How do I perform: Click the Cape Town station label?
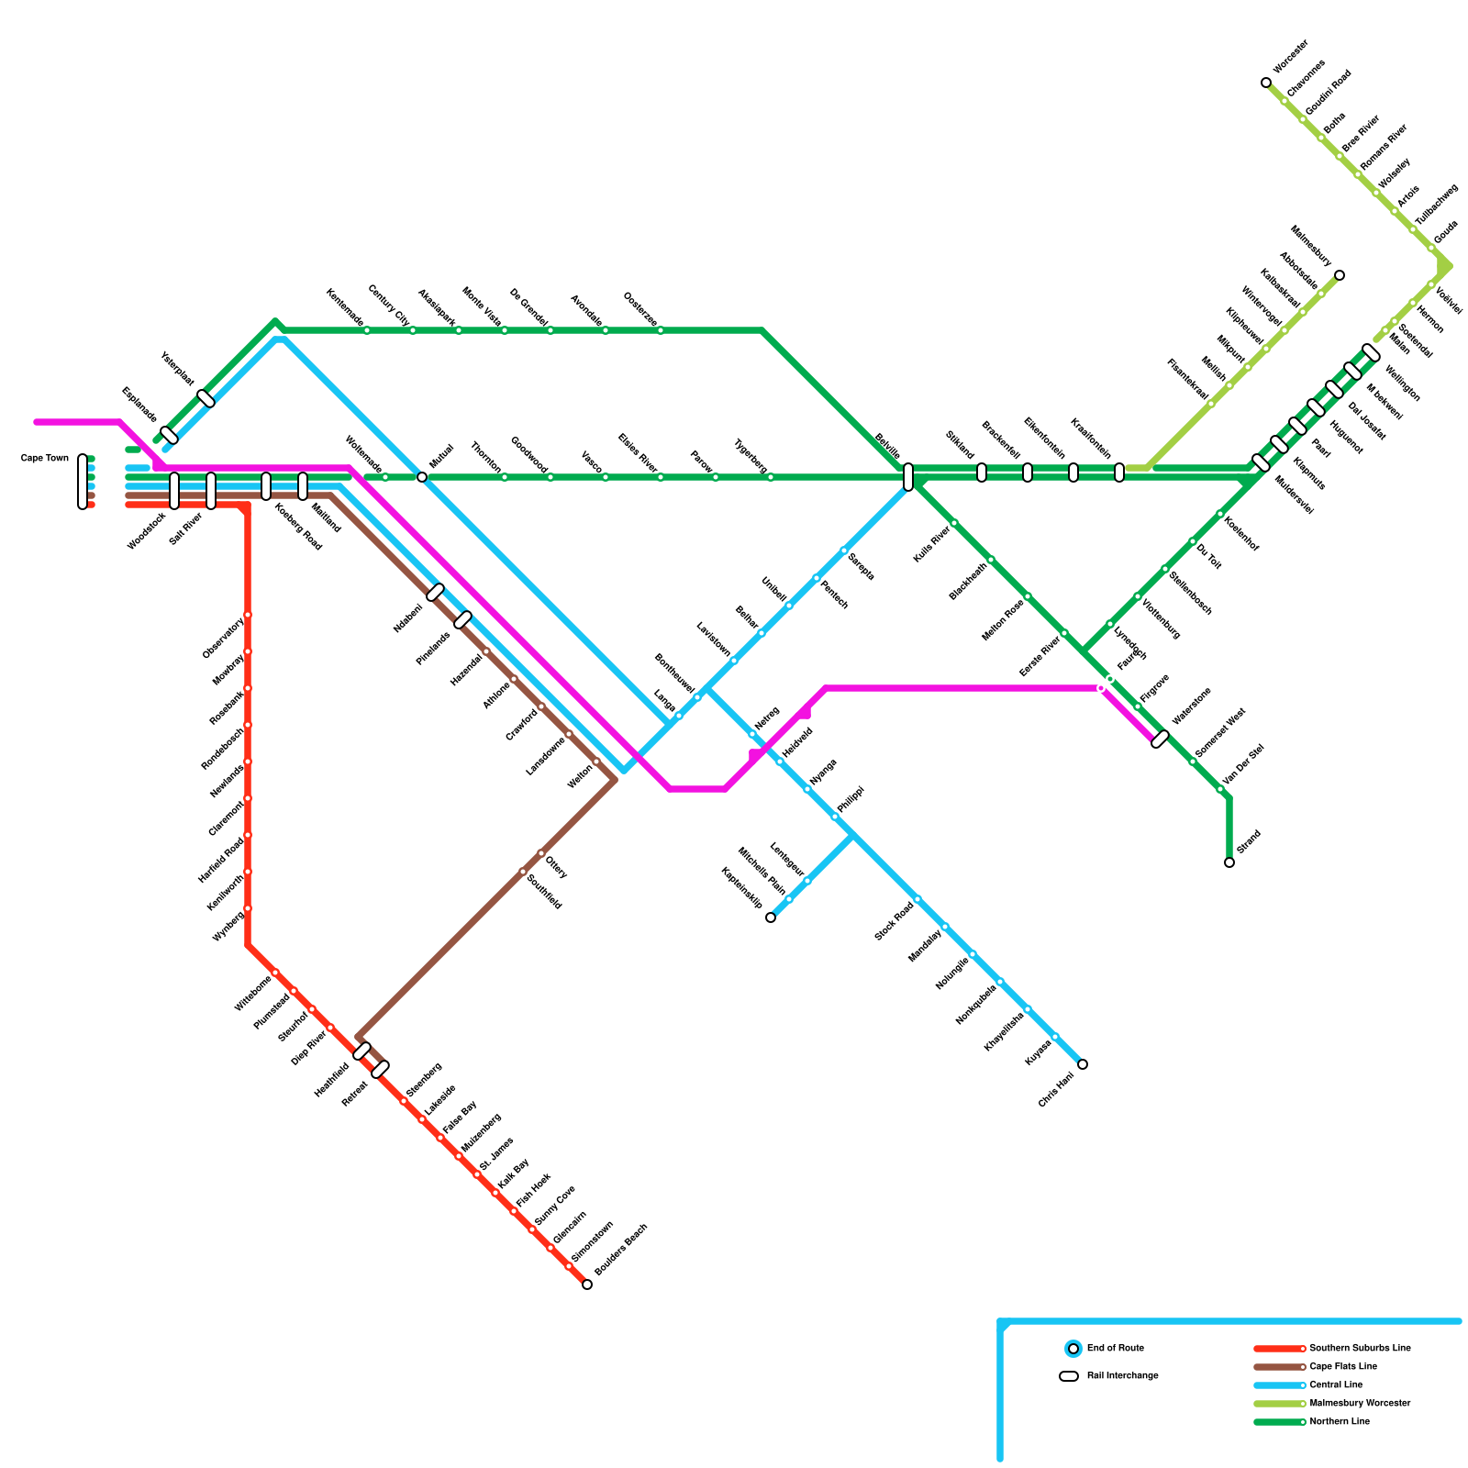coord(44,458)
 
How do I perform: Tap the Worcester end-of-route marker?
coord(1266,83)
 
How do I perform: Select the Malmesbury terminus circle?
coord(1340,275)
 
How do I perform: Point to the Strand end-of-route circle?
coord(1229,862)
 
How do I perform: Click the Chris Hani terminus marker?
coord(1083,1064)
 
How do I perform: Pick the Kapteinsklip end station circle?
coord(771,917)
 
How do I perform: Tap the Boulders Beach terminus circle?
coord(587,1284)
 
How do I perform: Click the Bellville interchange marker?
coord(908,477)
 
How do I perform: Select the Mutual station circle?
coord(422,477)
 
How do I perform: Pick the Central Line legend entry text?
coord(1336,1385)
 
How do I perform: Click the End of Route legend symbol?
coord(1073,1349)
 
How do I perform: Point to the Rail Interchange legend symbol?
coord(1069,1376)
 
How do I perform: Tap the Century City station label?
coord(388,306)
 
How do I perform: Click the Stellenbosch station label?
coord(1191,593)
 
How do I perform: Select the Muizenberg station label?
coord(481,1133)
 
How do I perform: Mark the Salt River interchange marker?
coord(211,491)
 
